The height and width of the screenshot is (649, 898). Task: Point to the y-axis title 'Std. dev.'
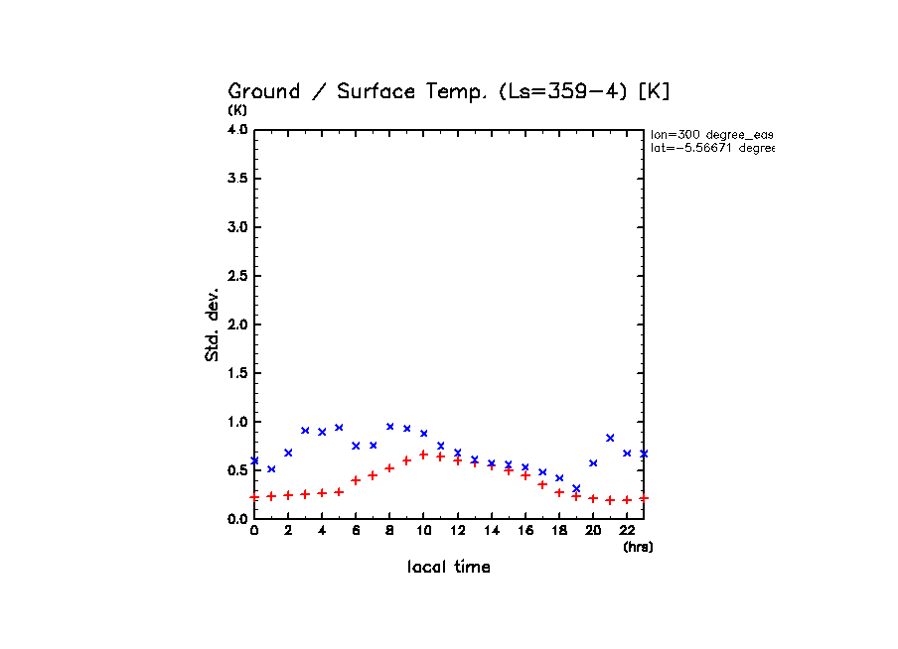(213, 324)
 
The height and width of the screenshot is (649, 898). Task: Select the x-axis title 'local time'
(448, 567)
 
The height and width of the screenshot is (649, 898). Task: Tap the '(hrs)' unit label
(638, 546)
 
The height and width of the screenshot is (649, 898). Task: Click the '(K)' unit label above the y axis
(237, 110)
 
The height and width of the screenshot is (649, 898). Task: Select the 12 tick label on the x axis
(457, 532)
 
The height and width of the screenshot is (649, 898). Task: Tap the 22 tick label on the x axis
(627, 532)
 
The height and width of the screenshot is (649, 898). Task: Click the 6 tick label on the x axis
(356, 532)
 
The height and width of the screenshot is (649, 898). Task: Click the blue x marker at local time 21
(610, 438)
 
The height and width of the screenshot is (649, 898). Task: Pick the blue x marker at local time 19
(576, 488)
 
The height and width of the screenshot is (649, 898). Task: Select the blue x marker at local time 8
(390, 427)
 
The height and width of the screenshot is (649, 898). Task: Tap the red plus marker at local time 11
(440, 456)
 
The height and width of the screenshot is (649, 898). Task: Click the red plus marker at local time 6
(356, 480)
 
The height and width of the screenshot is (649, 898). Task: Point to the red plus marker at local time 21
(610, 500)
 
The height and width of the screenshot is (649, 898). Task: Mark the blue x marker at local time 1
(271, 469)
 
